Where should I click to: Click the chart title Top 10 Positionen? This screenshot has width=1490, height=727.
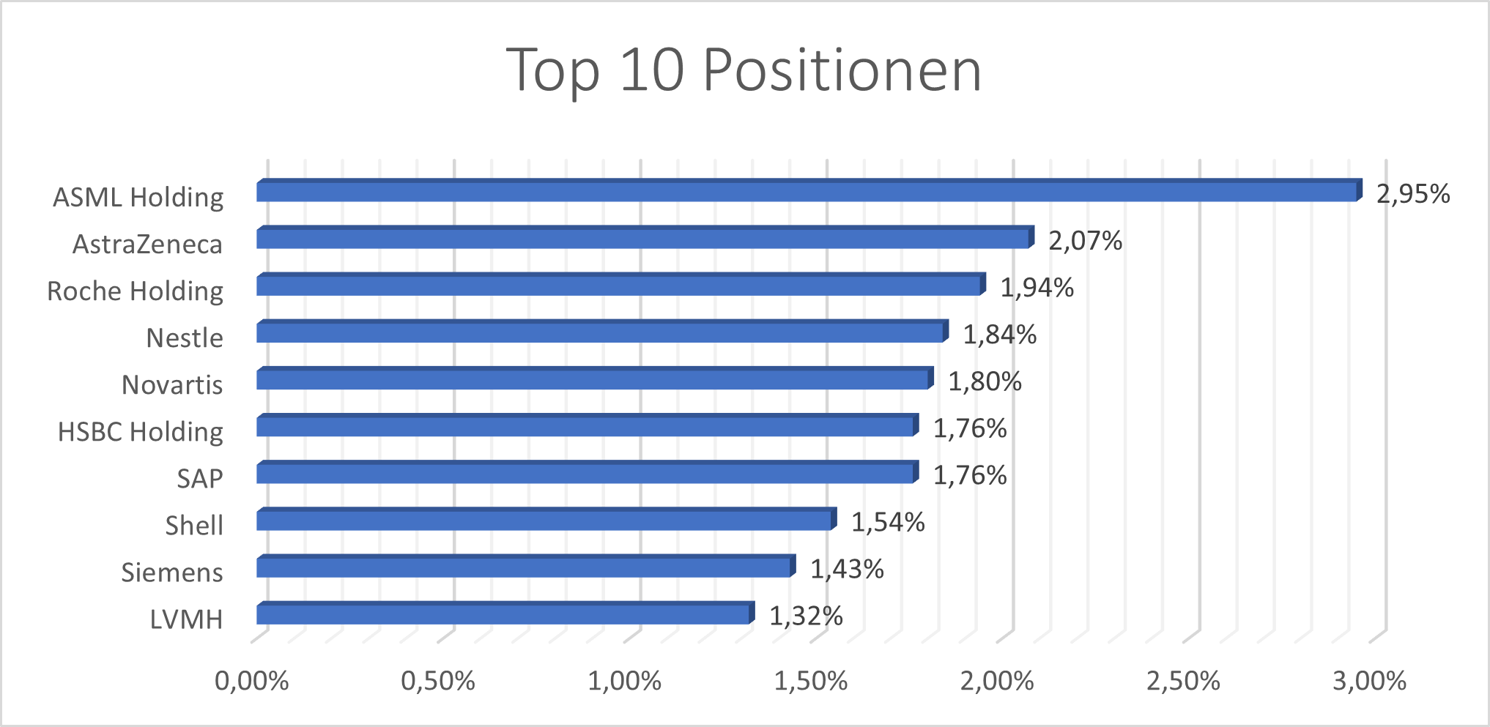click(744, 70)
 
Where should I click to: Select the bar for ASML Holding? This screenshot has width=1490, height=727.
click(806, 192)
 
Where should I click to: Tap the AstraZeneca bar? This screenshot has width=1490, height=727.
click(643, 239)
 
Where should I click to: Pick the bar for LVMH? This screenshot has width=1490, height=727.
click(504, 614)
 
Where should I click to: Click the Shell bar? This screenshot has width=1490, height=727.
click(545, 521)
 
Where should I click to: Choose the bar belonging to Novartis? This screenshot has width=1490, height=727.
click(593, 379)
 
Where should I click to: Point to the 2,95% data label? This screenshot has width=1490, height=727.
click(1412, 194)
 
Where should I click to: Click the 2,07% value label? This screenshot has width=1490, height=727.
click(1085, 241)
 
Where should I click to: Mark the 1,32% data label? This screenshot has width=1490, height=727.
click(806, 616)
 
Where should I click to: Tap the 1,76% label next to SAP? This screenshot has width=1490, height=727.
click(969, 476)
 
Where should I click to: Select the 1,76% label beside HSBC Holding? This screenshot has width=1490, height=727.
click(969, 429)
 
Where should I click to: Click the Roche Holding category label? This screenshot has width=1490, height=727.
click(136, 291)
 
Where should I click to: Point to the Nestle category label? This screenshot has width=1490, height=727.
click(185, 338)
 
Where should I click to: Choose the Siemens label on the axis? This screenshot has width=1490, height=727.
click(172, 573)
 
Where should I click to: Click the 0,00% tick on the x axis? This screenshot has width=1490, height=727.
click(251, 682)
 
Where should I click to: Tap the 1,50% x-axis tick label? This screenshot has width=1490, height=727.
click(811, 682)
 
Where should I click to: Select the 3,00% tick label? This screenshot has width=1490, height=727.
click(1369, 682)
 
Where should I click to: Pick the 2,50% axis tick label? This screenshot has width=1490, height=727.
click(1183, 682)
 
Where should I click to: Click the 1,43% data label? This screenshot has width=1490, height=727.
click(847, 570)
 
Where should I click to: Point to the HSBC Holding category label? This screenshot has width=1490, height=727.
click(141, 432)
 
